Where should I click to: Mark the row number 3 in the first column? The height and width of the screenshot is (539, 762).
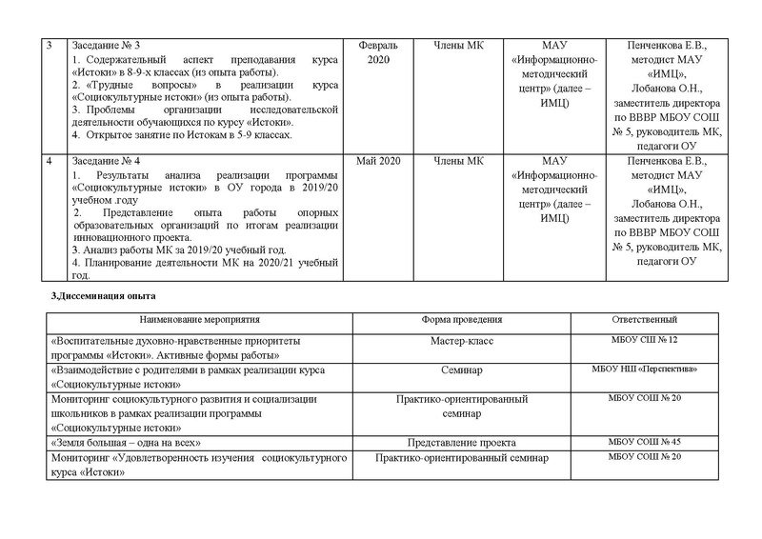pos(51,46)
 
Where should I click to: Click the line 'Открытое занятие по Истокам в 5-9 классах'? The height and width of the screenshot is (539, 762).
pos(181,135)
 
